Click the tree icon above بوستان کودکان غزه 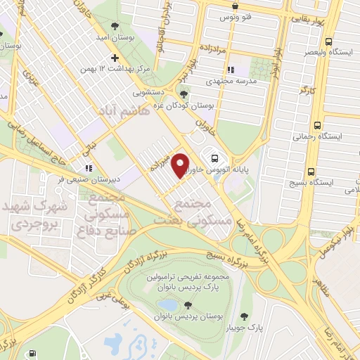[x=184, y=94]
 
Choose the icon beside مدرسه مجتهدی [x=230, y=70]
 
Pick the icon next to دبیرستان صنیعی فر [x=88, y=168]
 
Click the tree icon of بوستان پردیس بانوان [x=188, y=304]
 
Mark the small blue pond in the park [x=168, y=304]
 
